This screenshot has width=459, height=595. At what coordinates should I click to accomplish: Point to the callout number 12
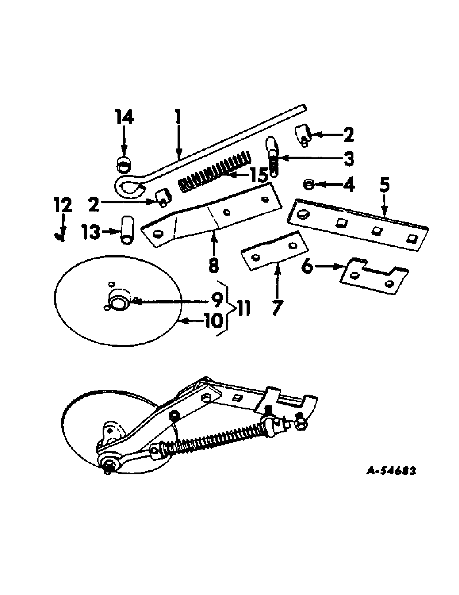(x=63, y=205)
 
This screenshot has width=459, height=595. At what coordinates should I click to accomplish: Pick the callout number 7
(x=277, y=308)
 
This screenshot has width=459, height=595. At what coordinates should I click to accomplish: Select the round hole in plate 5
(x=301, y=215)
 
